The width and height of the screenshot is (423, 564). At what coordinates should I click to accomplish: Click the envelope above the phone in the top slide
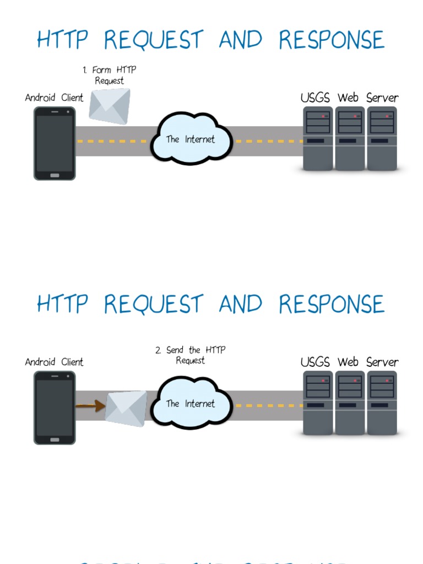click(110, 106)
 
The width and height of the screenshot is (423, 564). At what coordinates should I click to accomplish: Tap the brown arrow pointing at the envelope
click(90, 406)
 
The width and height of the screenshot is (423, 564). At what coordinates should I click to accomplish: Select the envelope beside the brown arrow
click(126, 408)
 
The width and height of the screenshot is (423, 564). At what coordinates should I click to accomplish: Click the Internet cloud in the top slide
click(191, 139)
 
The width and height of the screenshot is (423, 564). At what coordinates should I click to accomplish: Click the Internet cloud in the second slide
click(191, 404)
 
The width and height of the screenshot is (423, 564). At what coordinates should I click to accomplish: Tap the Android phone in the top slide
click(55, 143)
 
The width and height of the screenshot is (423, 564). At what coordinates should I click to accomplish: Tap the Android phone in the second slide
click(55, 408)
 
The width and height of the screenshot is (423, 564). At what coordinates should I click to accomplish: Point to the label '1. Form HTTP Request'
click(109, 75)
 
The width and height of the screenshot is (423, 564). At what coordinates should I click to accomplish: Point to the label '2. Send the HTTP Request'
click(190, 355)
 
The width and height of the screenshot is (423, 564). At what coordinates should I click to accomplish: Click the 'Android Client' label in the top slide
click(54, 98)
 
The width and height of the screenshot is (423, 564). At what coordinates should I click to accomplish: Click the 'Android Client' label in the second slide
click(54, 362)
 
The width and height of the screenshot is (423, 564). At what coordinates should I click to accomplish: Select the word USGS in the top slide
click(315, 98)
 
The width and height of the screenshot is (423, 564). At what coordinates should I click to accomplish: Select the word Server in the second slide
click(382, 362)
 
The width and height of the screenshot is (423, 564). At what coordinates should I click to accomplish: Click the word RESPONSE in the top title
click(331, 40)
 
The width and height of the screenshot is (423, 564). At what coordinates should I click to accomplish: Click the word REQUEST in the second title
click(154, 305)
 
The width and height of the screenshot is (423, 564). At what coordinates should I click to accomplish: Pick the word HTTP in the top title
click(62, 40)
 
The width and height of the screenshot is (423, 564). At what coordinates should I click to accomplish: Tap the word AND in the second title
click(240, 305)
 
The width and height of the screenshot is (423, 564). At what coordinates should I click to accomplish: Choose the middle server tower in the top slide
click(350, 138)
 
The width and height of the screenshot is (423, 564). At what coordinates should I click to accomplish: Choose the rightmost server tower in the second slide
click(382, 403)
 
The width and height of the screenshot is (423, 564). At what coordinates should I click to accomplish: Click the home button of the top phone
click(55, 175)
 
